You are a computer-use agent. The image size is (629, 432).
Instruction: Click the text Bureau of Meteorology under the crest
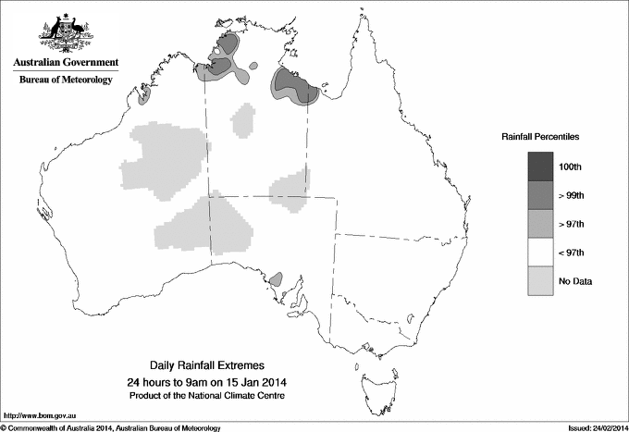66,80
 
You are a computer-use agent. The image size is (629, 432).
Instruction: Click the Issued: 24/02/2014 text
592,427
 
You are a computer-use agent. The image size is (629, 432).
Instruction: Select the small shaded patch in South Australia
275,278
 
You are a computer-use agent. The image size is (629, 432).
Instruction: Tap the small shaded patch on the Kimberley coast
144,93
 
